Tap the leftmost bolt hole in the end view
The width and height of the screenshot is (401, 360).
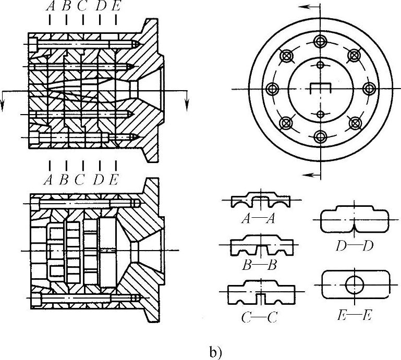point(271,89)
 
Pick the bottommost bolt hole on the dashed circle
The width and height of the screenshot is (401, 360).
point(320,137)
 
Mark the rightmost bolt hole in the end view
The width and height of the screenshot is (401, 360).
point(369,89)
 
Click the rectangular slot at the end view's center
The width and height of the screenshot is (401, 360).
point(320,88)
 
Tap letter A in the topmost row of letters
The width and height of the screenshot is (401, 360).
point(50,7)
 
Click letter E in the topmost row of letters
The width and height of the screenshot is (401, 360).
point(115,7)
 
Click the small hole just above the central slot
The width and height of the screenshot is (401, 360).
point(320,65)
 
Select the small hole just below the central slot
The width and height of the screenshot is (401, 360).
point(320,114)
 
